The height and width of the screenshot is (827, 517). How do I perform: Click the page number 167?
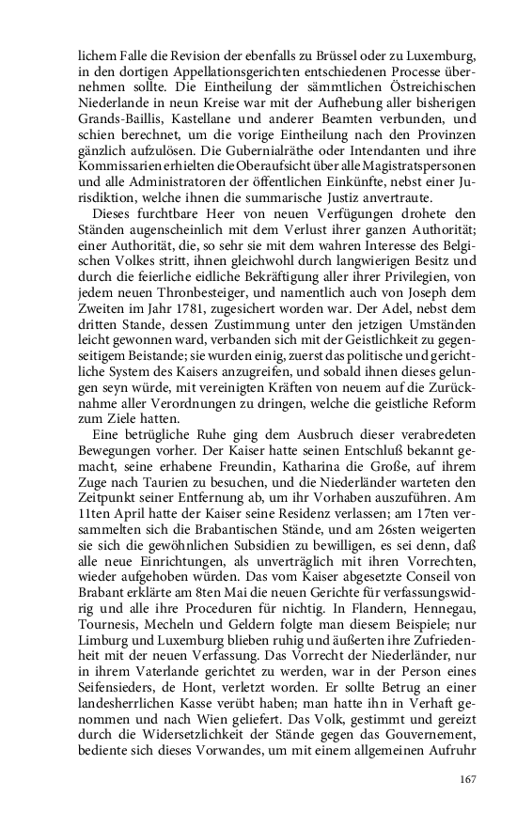click(468, 778)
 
